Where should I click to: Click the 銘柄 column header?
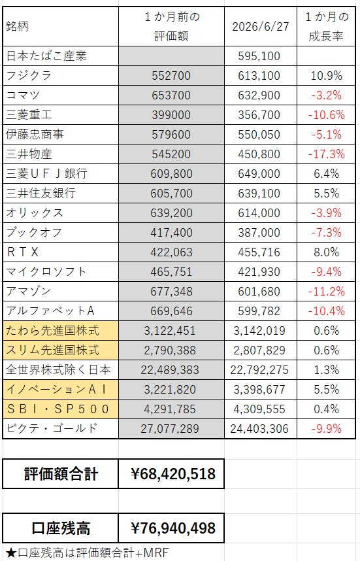(17, 27)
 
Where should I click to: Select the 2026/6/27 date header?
(261, 27)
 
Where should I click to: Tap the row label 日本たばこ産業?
(46, 56)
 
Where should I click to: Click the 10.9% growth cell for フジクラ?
(326, 76)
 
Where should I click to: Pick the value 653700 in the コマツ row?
(171, 95)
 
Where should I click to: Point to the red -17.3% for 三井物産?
(326, 154)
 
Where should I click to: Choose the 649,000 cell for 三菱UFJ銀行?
(259, 174)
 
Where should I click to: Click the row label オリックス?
(35, 213)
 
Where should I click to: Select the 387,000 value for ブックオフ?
(259, 233)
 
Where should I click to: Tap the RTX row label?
(22, 252)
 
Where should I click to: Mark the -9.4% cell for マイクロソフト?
(326, 272)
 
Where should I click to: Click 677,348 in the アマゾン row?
(171, 292)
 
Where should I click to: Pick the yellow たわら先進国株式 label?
(52, 331)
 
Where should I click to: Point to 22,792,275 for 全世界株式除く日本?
(259, 370)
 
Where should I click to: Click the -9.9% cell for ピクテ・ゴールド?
(326, 429)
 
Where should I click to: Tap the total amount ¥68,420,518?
(173, 474)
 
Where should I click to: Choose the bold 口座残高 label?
(61, 528)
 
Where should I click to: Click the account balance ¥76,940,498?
(173, 528)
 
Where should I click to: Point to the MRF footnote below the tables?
(88, 553)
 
